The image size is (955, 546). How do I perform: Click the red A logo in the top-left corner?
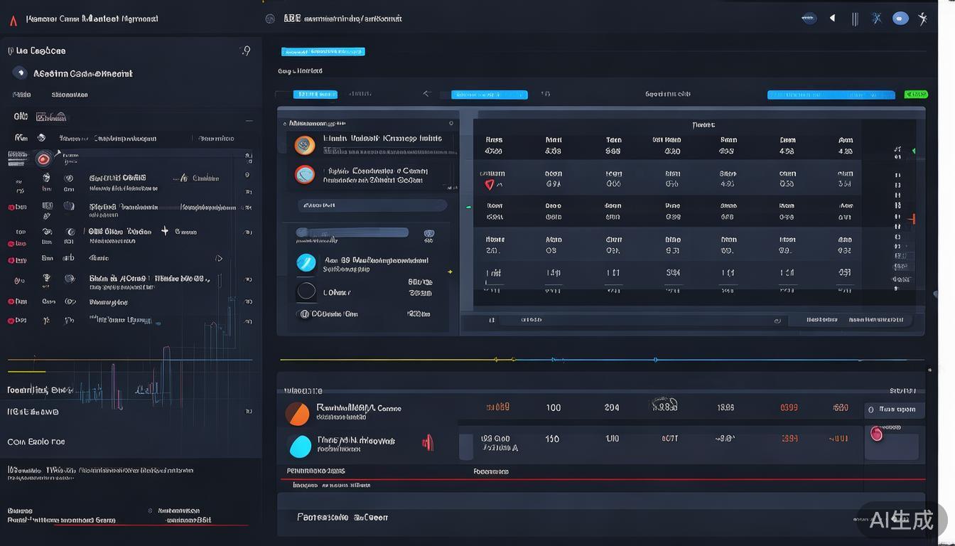[x=14, y=20]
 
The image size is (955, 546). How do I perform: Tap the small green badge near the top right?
[x=916, y=95]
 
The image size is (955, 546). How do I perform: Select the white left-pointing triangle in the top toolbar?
[x=832, y=18]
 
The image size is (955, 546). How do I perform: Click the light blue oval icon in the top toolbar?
[x=900, y=18]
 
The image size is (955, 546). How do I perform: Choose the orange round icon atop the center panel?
[x=305, y=145]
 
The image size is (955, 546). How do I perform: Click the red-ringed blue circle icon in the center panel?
[x=305, y=174]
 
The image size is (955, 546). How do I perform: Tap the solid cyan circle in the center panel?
[x=306, y=262]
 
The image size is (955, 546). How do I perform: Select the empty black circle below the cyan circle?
[x=306, y=291]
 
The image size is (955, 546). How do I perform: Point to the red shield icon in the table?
[x=490, y=185]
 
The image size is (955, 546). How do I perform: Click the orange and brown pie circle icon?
[x=297, y=413]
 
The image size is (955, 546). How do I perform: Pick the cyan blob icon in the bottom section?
[x=301, y=446]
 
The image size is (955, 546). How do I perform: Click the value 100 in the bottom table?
[x=554, y=408]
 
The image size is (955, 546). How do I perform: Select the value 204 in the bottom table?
[x=611, y=408]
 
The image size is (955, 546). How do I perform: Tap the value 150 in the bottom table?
[x=552, y=439]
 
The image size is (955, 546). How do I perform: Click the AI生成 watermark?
[x=901, y=520]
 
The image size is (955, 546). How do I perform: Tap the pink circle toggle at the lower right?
[x=877, y=434]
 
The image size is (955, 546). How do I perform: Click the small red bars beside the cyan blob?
[x=428, y=443]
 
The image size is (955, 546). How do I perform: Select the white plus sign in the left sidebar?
[x=165, y=231]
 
